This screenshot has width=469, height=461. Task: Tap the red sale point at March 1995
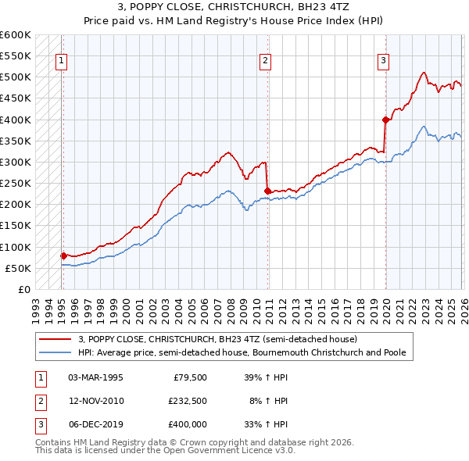point(63,256)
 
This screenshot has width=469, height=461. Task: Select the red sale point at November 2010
point(267,190)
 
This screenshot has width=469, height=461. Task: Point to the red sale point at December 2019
point(385,120)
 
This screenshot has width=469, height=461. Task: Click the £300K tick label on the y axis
point(16,162)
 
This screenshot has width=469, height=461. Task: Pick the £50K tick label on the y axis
point(18,268)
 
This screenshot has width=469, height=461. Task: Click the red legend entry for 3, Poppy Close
point(217,339)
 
